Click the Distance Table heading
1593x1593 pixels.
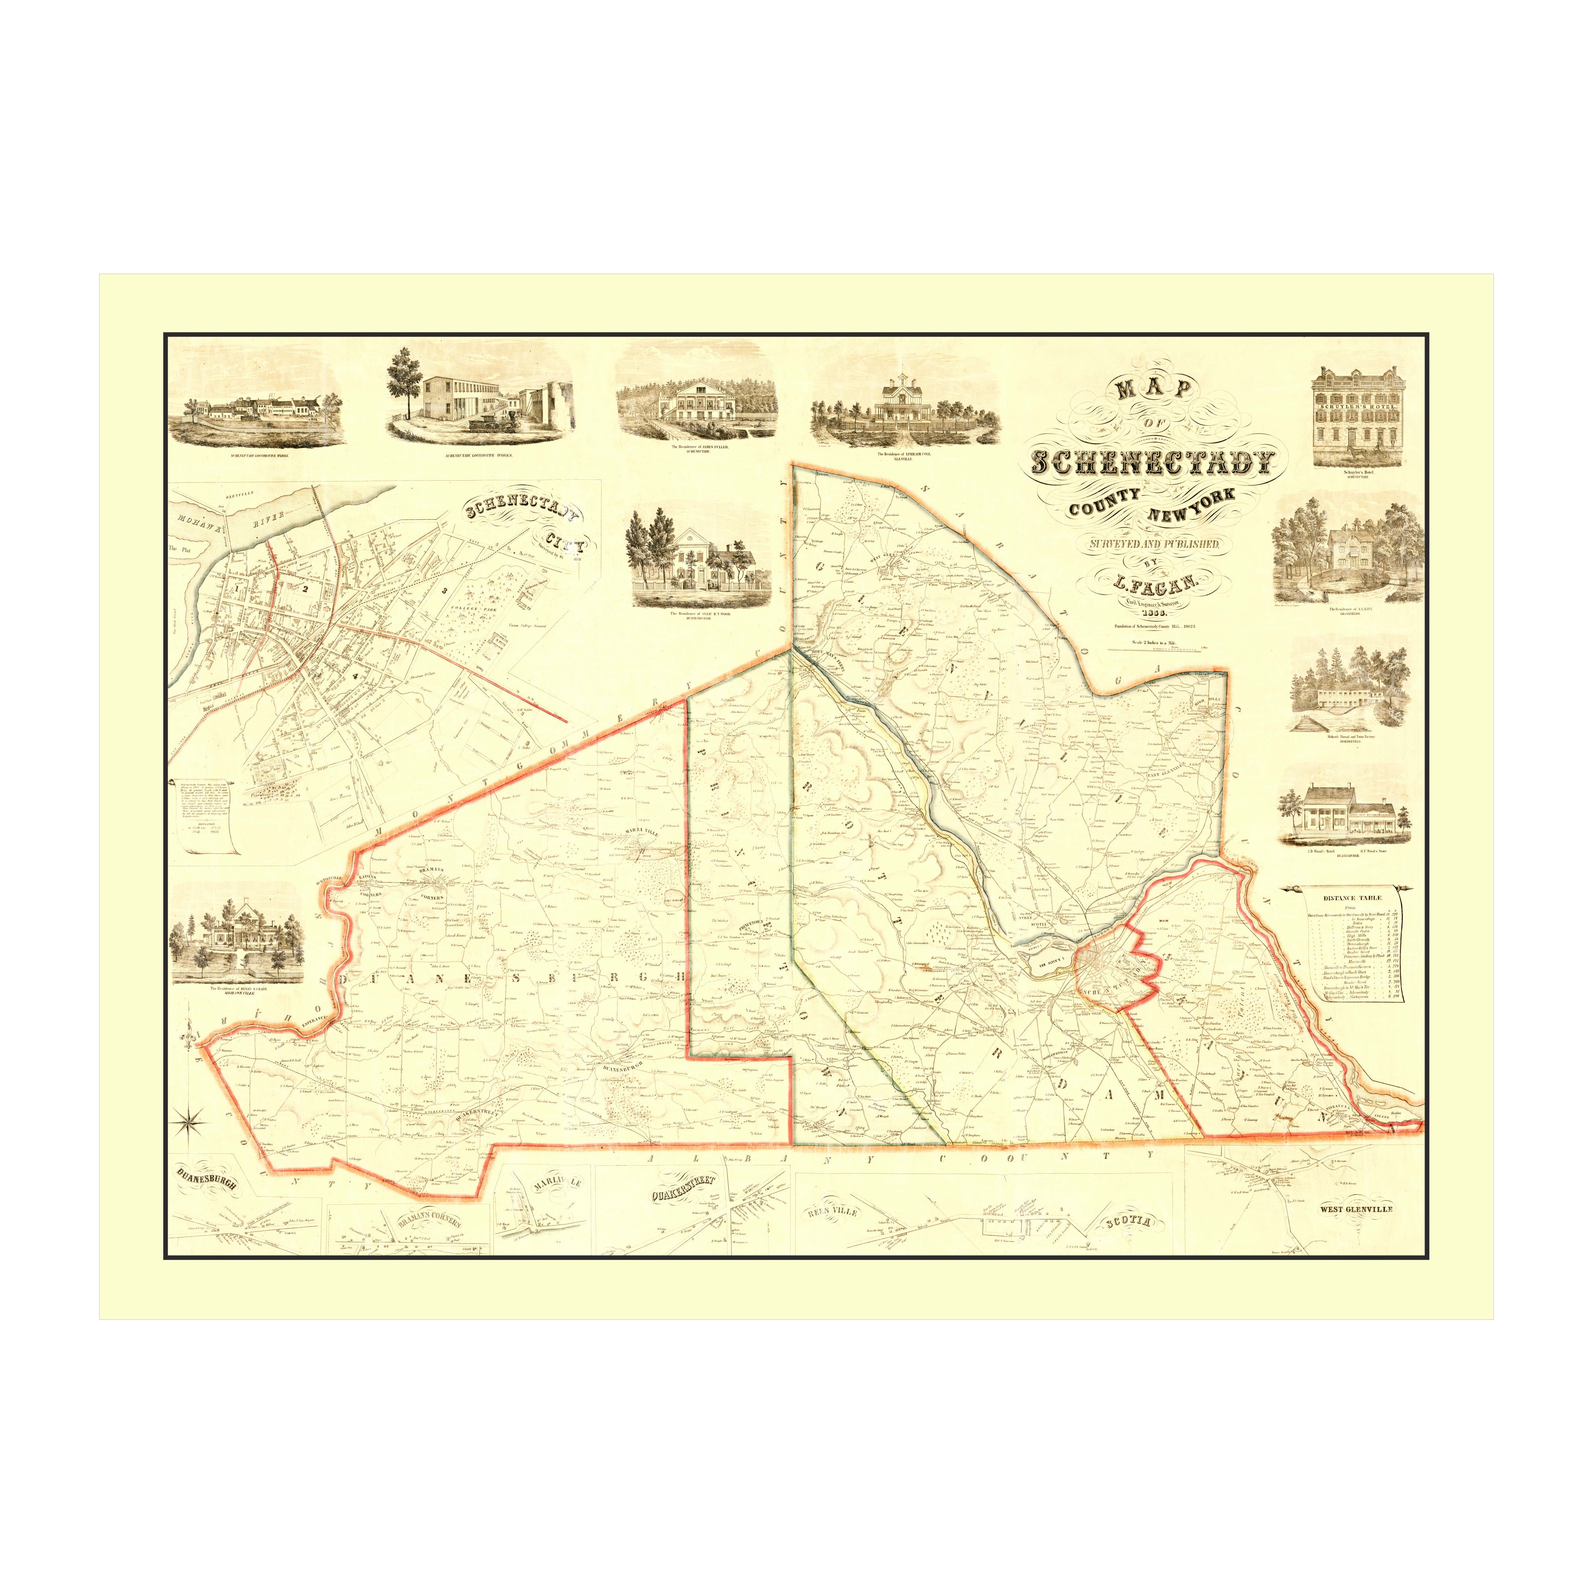pyautogui.click(x=1352, y=898)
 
